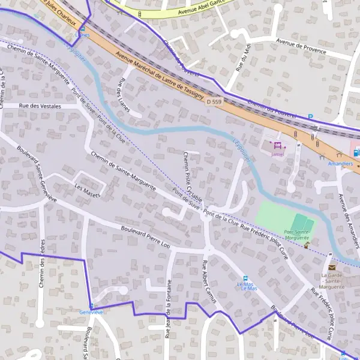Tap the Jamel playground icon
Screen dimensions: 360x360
277,145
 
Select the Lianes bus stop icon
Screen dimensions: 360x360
82,28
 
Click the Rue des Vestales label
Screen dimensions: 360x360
41,106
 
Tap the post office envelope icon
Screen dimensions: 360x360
332,267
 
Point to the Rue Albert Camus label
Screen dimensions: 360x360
208,280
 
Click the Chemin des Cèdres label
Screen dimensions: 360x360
41,264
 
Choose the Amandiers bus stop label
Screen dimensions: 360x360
340,162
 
